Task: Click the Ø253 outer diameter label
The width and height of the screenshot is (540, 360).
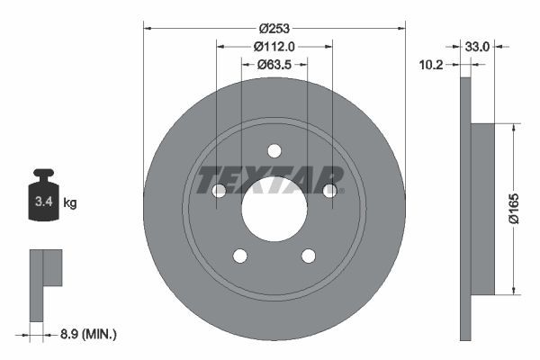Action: [274, 28]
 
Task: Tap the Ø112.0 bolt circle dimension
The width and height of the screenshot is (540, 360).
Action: [274, 47]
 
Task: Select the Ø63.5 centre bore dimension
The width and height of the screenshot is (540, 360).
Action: [274, 65]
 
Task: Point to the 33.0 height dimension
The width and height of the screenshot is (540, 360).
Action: [477, 47]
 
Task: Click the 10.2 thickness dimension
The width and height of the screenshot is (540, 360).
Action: [431, 65]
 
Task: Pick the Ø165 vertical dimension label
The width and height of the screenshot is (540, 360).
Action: [514, 209]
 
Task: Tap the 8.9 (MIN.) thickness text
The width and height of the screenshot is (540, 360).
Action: [88, 334]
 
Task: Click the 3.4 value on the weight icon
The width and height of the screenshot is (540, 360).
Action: [44, 202]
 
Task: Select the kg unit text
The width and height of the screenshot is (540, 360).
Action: [70, 202]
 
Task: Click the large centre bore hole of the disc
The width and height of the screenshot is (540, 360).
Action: [274, 209]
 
